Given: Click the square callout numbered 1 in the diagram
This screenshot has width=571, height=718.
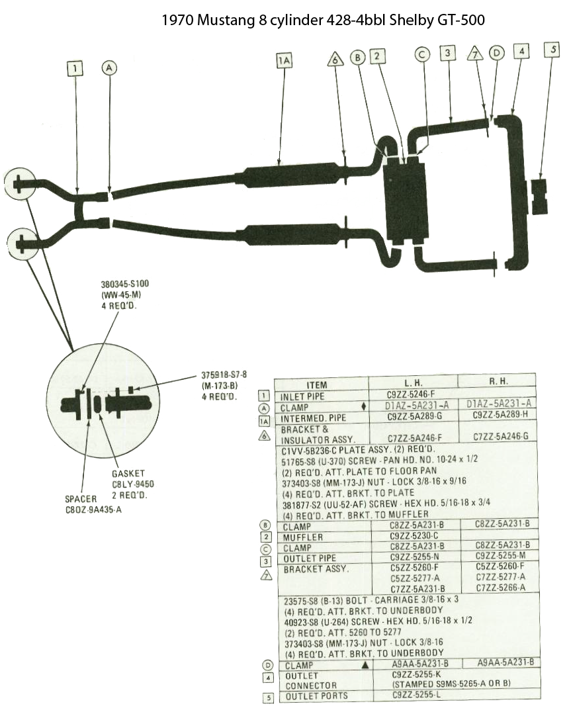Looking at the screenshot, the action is (75, 69).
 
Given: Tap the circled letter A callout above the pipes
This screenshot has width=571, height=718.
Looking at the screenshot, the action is (109, 67).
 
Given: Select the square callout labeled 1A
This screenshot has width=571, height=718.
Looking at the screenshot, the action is (284, 60).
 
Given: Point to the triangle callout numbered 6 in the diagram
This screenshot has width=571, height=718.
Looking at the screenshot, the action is (335, 59).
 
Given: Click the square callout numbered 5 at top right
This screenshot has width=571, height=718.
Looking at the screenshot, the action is (552, 50).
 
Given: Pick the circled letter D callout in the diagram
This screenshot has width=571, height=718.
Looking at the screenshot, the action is (496, 53).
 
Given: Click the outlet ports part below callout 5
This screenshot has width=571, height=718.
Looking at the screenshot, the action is (539, 197).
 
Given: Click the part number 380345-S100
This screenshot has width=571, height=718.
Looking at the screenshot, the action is (124, 284).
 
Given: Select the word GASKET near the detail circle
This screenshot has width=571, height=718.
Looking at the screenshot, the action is (128, 473).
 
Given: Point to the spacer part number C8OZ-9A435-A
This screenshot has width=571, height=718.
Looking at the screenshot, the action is (93, 510).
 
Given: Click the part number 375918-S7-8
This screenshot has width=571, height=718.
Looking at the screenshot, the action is (224, 375).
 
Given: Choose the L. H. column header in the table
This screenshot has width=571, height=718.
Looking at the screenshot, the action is (413, 382).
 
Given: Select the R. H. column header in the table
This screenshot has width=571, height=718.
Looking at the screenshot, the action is (498, 381).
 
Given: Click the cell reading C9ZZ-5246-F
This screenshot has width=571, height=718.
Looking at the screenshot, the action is (411, 394).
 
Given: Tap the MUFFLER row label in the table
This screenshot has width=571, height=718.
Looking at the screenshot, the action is (302, 537).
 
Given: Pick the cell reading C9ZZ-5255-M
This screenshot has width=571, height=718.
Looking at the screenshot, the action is (500, 555).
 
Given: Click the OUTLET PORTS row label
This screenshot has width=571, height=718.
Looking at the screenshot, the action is (316, 696).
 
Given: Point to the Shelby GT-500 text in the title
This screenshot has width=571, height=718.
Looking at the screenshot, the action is (437, 20).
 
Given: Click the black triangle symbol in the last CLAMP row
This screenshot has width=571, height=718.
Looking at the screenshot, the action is (365, 664).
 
